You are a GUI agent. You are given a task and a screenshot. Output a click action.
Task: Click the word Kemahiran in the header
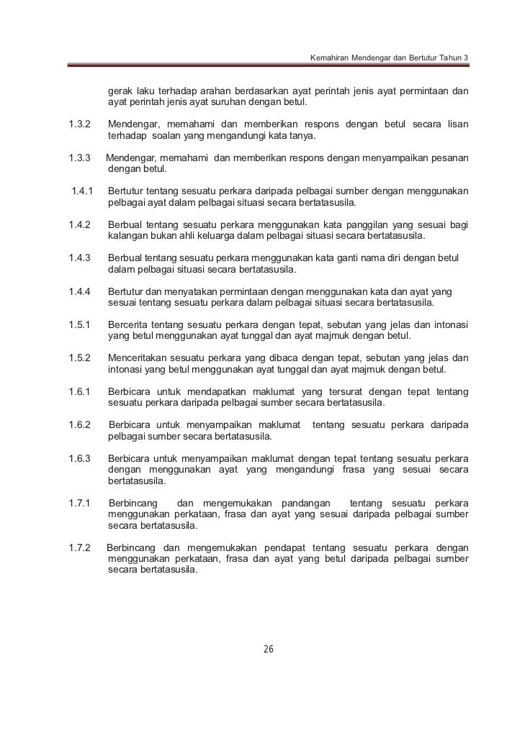pos(328,57)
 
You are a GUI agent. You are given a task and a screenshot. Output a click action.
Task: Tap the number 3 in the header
pos(466,57)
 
